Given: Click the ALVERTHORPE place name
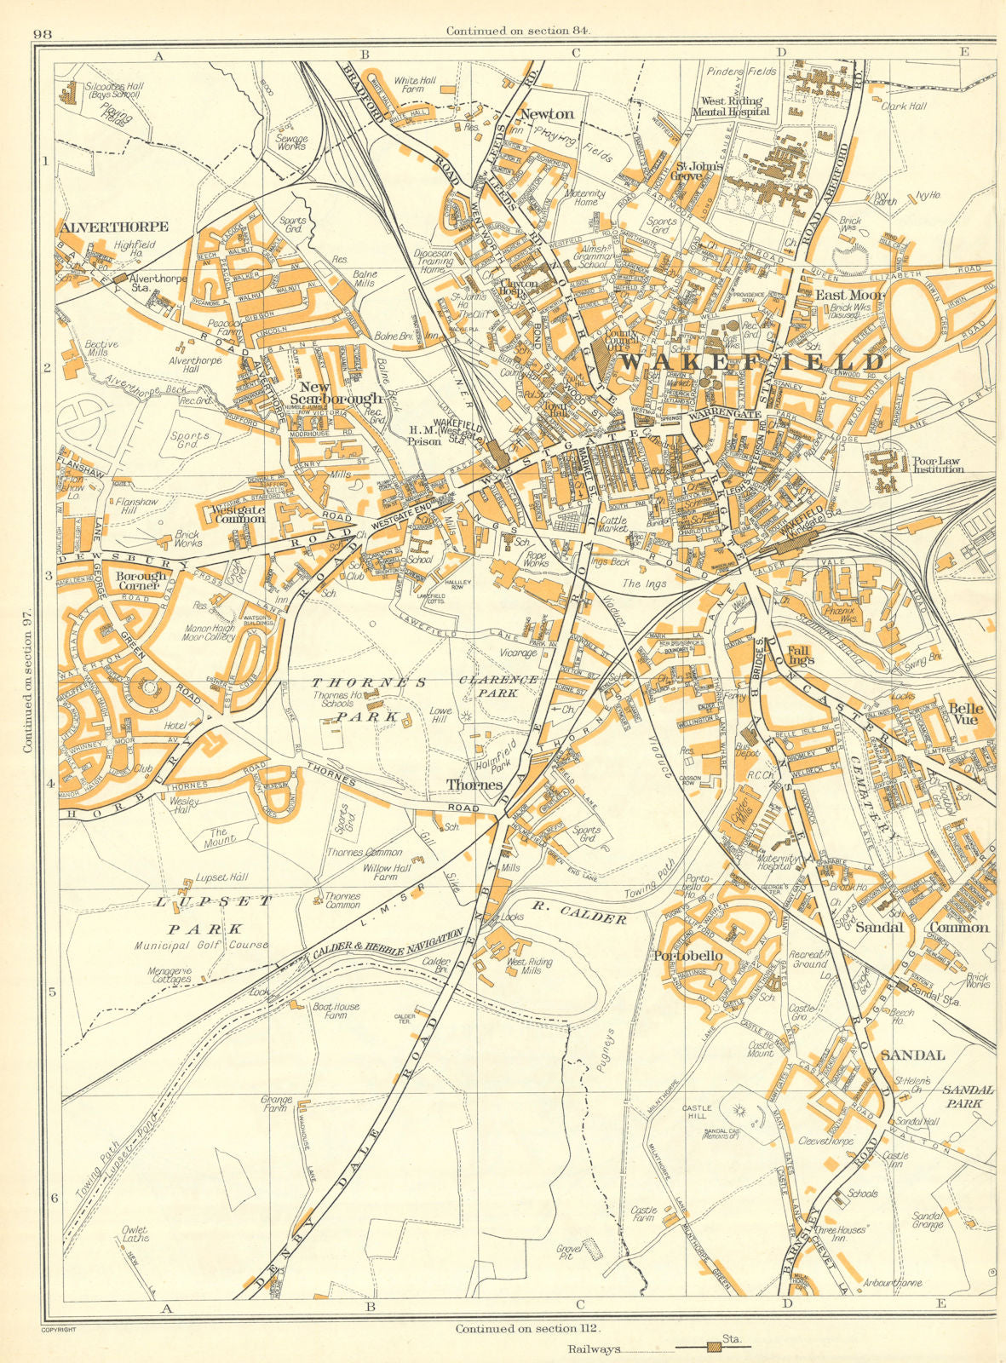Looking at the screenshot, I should pyautogui.click(x=114, y=227).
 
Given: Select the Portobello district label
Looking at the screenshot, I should pyautogui.click(x=688, y=956).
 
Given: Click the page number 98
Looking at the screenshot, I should pyautogui.click(x=43, y=34).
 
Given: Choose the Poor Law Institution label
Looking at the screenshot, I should pyautogui.click(x=938, y=463).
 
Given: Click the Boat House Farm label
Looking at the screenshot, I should pyautogui.click(x=336, y=1011).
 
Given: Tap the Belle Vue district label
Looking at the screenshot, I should pyautogui.click(x=966, y=715).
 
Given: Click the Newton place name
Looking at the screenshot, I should pyautogui.click(x=547, y=113).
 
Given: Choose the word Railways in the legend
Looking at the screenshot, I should pyautogui.click(x=595, y=1349).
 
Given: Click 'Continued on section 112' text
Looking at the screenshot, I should pyautogui.click(x=530, y=1328).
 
